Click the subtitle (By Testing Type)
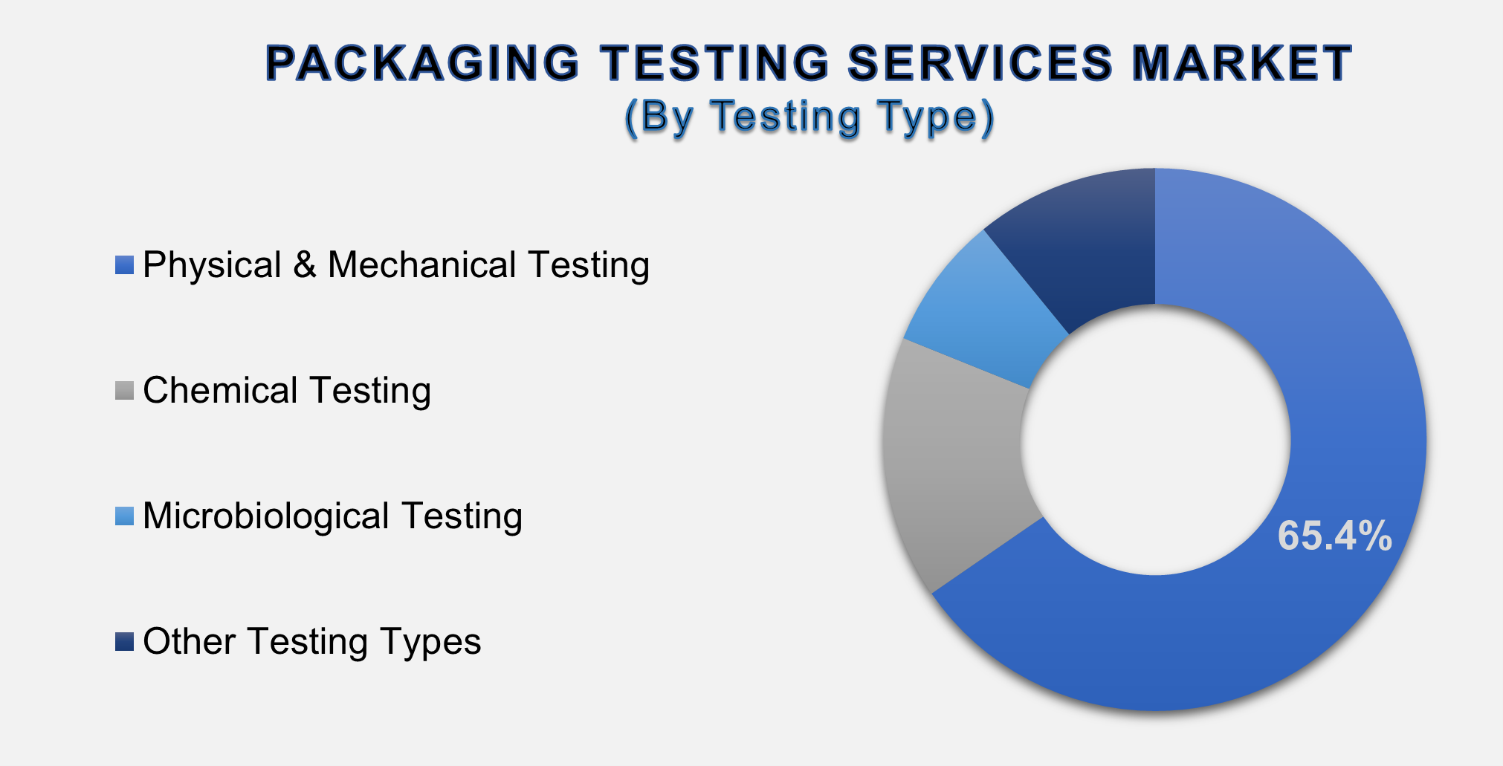pos(809,117)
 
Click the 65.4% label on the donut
pos(1334,536)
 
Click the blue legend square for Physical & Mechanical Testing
pos(124,265)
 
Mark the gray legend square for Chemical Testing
pos(124,391)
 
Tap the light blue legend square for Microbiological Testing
pos(124,516)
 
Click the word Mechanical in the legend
pos(421,265)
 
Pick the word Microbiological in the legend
pos(265,516)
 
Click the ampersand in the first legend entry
pos(304,265)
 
